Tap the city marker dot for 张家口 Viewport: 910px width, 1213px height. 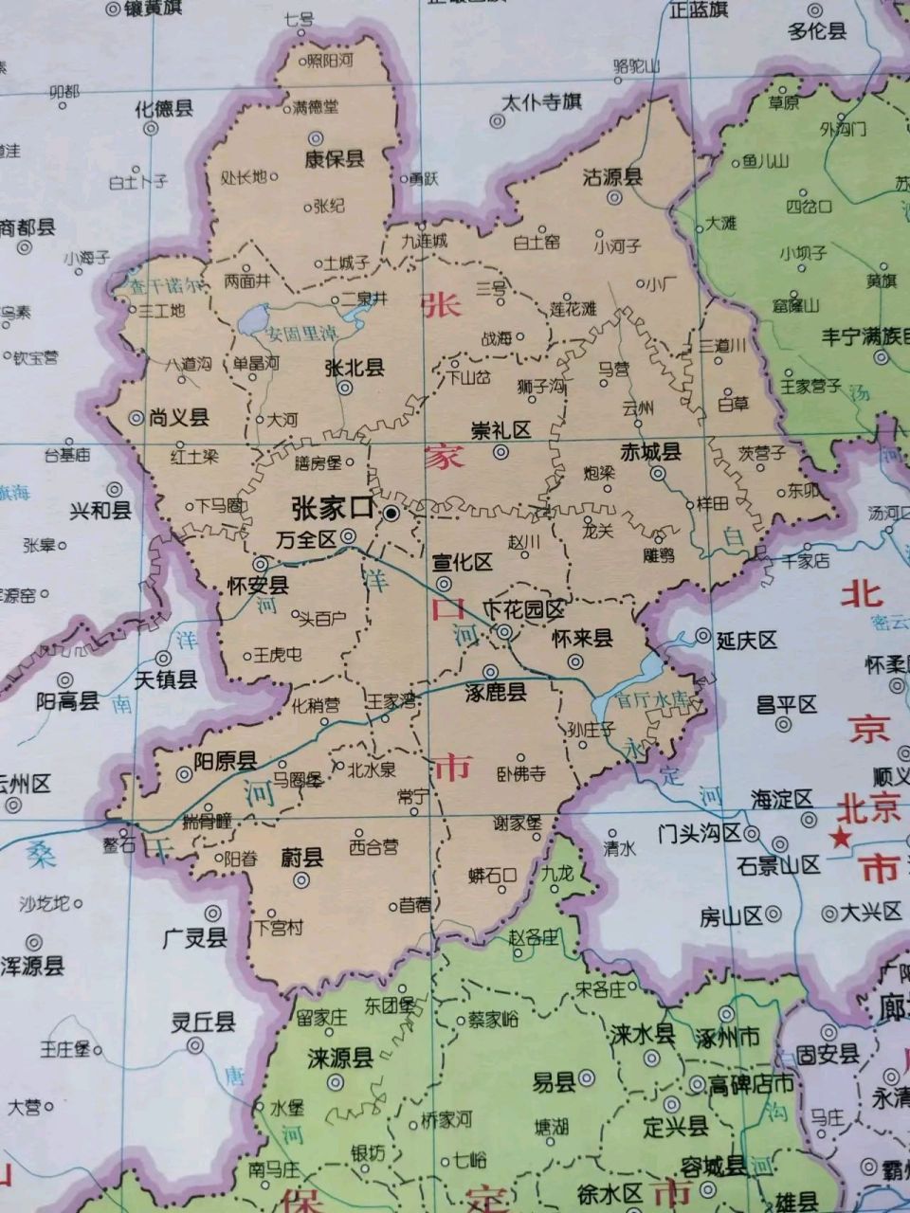pyautogui.click(x=391, y=514)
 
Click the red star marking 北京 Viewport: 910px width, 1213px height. pyautogui.click(x=839, y=838)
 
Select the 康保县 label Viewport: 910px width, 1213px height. pyautogui.click(x=334, y=159)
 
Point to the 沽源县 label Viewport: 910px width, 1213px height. pyautogui.click(x=611, y=177)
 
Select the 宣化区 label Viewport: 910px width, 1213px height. pyautogui.click(x=463, y=562)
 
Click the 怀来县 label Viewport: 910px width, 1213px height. pyautogui.click(x=582, y=638)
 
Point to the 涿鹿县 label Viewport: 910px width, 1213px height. pyautogui.click(x=496, y=693)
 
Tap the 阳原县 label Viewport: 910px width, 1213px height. pyautogui.click(x=226, y=761)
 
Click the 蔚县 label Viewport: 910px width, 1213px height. pyautogui.click(x=302, y=859)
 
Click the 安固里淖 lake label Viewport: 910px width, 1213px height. pyautogui.click(x=301, y=334)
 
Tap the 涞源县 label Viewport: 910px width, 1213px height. pyautogui.click(x=340, y=1059)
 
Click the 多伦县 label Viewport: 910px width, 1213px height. pyautogui.click(x=816, y=30)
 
